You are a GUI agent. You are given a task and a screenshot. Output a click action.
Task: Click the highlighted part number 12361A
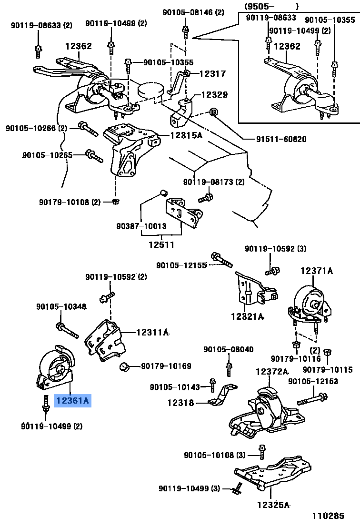[x=72, y=401]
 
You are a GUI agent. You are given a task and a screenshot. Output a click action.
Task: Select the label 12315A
[x=186, y=135]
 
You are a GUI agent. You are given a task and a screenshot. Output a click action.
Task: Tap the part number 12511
[x=162, y=245]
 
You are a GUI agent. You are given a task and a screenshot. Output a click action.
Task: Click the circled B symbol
[x=213, y=112]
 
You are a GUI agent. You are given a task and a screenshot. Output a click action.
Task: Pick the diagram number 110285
[x=328, y=516]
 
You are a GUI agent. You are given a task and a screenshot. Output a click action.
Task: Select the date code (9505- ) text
[x=272, y=6]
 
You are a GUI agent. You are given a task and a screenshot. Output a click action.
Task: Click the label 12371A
[x=316, y=271]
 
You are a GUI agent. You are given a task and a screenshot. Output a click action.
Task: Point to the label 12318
[x=180, y=403]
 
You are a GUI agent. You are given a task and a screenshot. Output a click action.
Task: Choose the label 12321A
[x=247, y=316]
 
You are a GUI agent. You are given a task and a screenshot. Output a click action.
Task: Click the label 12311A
[x=152, y=333]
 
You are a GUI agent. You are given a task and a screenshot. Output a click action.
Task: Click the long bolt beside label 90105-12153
[x=311, y=398]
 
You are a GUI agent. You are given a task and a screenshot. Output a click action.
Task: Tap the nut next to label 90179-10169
[x=125, y=366]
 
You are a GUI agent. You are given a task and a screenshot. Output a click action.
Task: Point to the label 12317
[x=212, y=74]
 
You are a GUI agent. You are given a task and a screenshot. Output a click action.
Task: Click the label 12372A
[x=272, y=371]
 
